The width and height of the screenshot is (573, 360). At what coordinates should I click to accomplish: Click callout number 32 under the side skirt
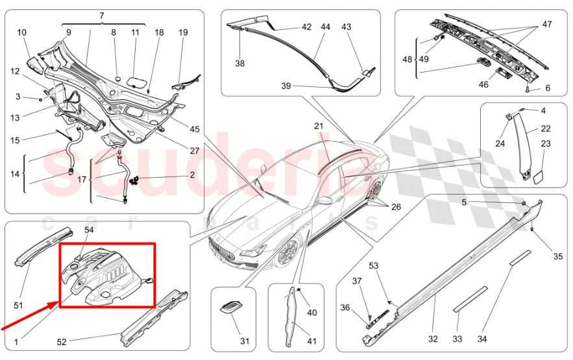[433, 339]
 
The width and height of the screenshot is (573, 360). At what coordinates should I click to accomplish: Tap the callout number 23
[546, 143]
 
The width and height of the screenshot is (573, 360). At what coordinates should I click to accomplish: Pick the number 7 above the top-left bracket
[101, 15]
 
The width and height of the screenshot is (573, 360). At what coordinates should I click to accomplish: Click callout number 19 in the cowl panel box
[183, 32]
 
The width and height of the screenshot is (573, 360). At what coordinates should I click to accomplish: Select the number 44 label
[325, 27]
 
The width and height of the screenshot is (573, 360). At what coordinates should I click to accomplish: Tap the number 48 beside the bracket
[407, 58]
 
